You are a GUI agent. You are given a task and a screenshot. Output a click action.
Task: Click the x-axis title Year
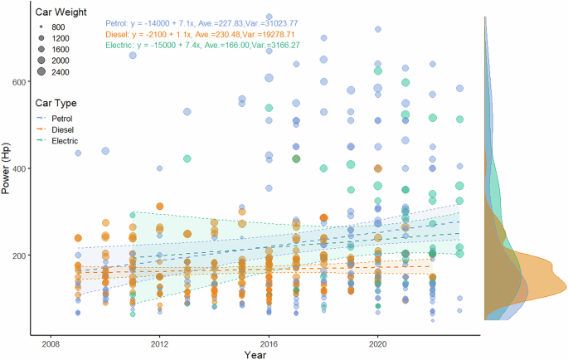[x=255, y=354]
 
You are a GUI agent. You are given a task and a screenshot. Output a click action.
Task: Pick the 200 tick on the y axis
[x=20, y=255]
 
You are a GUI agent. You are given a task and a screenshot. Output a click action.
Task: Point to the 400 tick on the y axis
[x=20, y=168]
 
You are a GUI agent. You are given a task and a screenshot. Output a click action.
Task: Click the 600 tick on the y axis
[x=20, y=81]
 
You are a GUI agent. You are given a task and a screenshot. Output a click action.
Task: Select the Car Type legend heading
[x=56, y=104]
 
